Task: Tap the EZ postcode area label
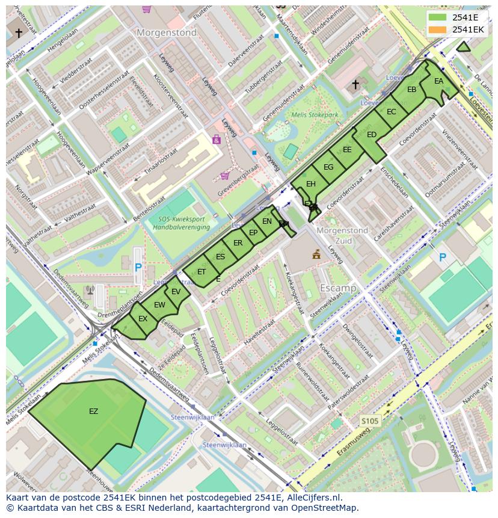point(93,412)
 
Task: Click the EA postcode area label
point(438,81)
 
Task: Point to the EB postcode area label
point(411,90)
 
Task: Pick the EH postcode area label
point(310,184)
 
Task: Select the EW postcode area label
point(159,305)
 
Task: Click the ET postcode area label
point(201,272)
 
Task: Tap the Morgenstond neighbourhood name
point(167,33)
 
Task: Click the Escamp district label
point(337,288)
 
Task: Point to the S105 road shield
point(370,421)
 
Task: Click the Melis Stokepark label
point(315,115)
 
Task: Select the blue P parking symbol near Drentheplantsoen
point(138,267)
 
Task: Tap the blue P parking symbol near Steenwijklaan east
point(443,257)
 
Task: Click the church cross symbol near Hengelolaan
point(19,33)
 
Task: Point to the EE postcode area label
point(347,150)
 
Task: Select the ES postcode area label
point(220,257)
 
